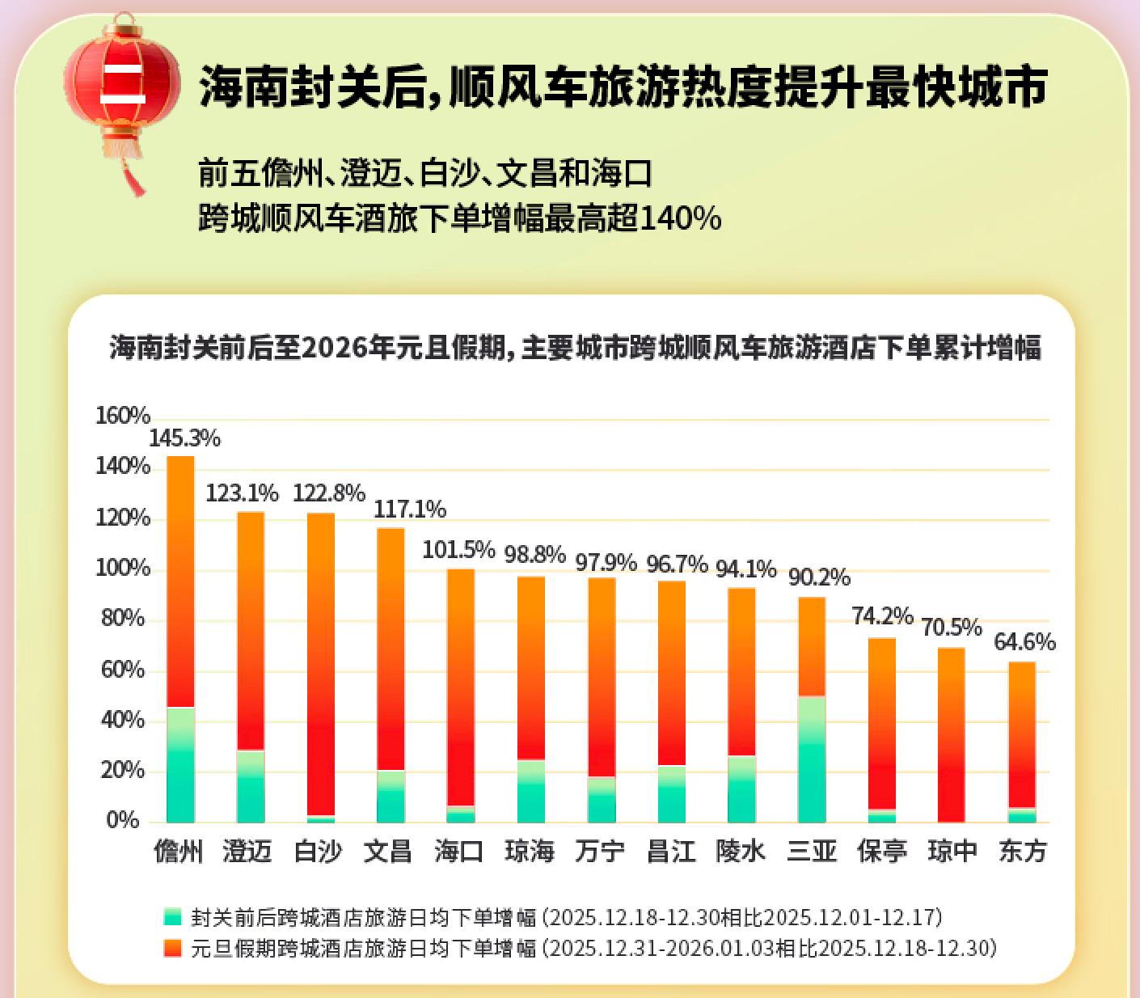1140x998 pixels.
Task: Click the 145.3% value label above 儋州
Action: point(184,438)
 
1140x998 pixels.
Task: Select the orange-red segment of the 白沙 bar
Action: point(321,663)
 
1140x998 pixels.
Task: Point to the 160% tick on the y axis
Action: point(123,416)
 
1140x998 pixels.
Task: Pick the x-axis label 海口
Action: point(459,851)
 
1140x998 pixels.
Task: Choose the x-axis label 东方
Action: point(1023,851)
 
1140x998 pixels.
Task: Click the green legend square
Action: point(172,917)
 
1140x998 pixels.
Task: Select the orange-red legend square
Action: point(172,948)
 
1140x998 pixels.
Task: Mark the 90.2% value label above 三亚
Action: point(819,577)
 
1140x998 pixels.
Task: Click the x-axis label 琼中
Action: point(952,851)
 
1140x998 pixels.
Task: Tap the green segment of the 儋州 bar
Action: point(180,764)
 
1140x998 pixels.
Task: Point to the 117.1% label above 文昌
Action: point(409,510)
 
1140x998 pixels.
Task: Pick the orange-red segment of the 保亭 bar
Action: point(882,724)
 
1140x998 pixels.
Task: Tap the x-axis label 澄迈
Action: point(247,851)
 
